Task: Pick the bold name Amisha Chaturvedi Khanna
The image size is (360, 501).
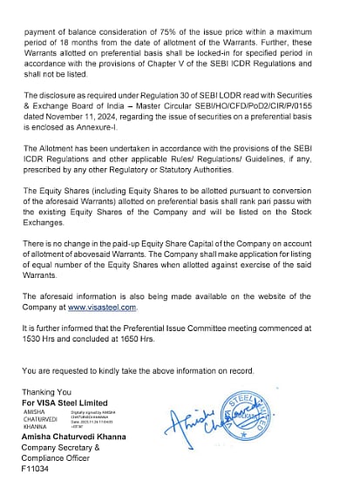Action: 74,437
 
